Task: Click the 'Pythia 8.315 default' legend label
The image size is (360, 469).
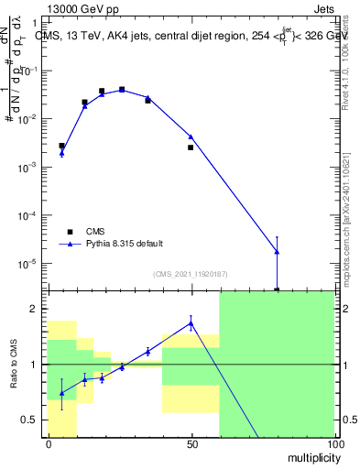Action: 125,244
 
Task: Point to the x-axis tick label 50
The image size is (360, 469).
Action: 191,443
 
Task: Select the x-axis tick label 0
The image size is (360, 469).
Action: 48,443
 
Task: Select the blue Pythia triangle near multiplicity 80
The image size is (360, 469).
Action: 277,251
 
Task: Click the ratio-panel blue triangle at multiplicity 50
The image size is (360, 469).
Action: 191,322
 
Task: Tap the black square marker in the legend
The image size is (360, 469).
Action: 70,231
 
